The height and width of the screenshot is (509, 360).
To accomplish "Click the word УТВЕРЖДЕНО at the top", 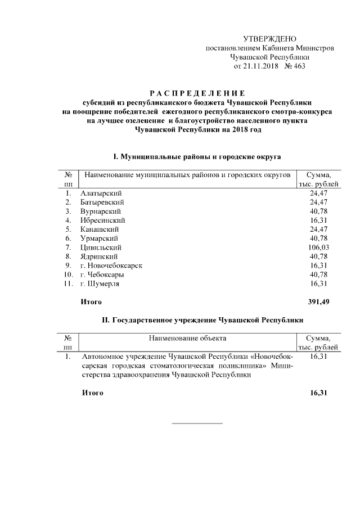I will tap(269, 39).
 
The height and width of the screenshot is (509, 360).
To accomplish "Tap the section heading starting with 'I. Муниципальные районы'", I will tap(196, 155).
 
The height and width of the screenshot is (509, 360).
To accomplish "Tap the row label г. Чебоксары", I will tap(102, 274).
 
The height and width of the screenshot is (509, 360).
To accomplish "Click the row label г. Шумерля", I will tap(100, 283).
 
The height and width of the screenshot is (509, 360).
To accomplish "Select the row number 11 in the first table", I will tap(67, 283).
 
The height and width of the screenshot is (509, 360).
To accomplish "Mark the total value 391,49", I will tap(318, 302).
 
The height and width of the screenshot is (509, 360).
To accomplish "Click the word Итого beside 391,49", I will tap(91, 302).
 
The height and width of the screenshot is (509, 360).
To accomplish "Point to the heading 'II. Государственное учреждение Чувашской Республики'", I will tap(196, 320).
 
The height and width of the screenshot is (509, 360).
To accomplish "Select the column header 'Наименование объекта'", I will tap(187, 339).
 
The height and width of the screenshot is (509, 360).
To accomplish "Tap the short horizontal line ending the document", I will tap(196, 423).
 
